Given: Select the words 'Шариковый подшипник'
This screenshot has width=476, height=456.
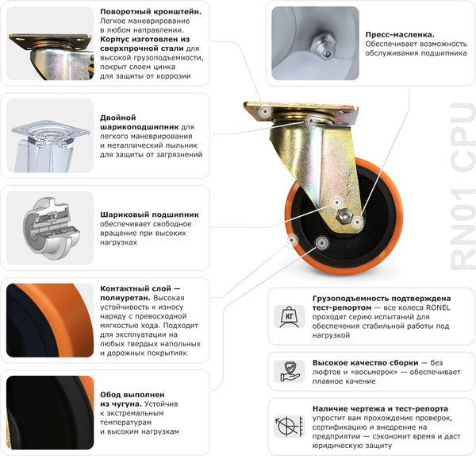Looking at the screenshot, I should point(149,214).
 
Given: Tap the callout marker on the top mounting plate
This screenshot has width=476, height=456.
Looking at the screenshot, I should point(263,113).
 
